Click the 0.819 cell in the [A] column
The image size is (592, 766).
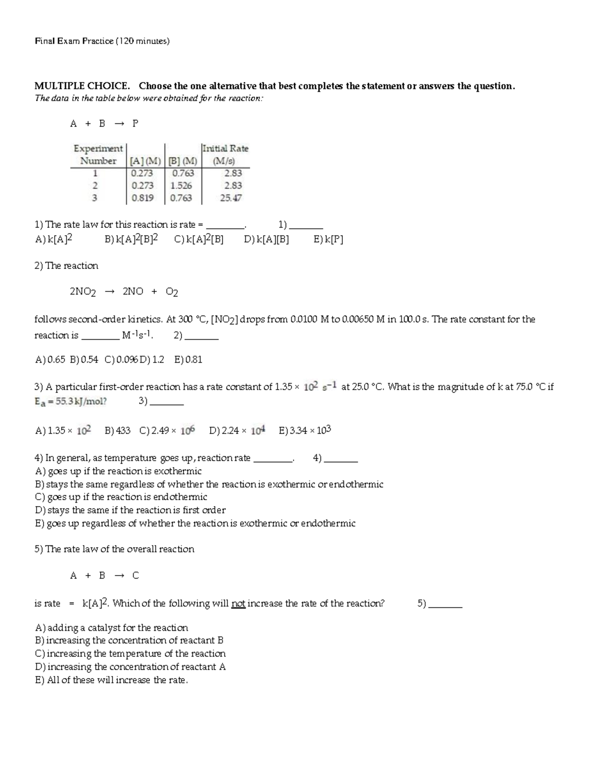tap(142, 198)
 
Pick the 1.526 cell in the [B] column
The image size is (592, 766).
tap(181, 186)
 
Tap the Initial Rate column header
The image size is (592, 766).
tap(225, 154)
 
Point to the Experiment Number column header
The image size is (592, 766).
tap(98, 154)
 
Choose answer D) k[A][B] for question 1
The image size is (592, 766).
tap(266, 240)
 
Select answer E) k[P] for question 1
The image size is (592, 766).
tap(328, 240)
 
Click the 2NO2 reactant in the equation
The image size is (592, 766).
tap(82, 292)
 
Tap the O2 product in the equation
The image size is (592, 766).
tap(172, 292)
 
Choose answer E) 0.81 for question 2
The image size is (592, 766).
tap(188, 360)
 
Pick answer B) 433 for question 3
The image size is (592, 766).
tap(117, 431)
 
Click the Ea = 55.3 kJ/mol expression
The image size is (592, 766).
tap(70, 401)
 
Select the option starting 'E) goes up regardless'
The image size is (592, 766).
tap(195, 523)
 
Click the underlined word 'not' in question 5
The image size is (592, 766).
tap(238, 604)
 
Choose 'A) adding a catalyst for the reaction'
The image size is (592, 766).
tap(111, 628)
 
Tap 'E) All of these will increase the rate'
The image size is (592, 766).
tap(111, 680)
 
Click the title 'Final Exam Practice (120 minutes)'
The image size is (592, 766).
tap(102, 41)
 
